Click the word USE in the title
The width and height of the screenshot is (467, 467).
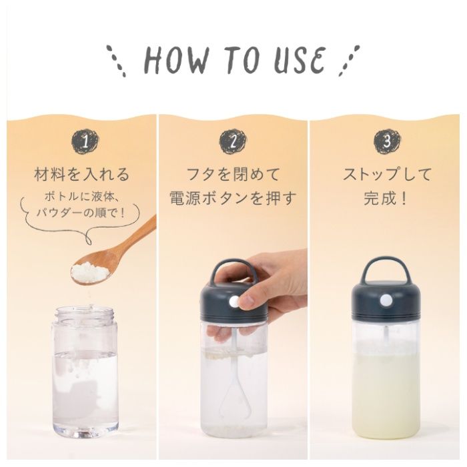(299, 61)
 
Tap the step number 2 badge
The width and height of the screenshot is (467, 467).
(233, 141)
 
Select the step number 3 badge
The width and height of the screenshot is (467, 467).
(387, 141)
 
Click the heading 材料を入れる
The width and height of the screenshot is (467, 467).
(82, 175)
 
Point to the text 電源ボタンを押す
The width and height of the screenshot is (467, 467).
(233, 197)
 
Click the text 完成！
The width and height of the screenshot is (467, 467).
(386, 197)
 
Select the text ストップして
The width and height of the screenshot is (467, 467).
(387, 174)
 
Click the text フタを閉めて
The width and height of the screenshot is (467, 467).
(233, 174)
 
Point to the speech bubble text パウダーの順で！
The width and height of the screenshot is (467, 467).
(81, 213)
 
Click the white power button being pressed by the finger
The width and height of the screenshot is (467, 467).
(234, 303)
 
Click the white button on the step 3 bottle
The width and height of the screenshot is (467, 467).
(386, 300)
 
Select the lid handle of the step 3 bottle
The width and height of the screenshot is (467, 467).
(386, 264)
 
